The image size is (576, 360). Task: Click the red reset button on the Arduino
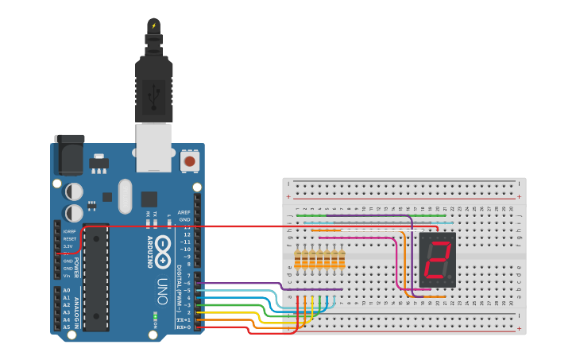pos(189,161)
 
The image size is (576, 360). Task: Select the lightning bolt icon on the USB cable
pos(153,26)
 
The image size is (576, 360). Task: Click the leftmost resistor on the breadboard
pos(298,260)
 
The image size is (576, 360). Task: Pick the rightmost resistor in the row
pos(342,260)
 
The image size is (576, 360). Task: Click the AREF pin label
pos(184,212)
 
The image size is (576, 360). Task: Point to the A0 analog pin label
pos(66,291)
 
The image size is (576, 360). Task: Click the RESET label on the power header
pos(70,238)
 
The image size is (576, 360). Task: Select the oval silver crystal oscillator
pos(124,196)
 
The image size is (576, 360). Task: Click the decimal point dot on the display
pos(450,277)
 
